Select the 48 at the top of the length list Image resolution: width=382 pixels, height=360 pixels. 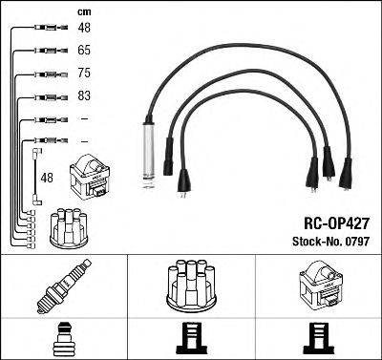click(x=83, y=29)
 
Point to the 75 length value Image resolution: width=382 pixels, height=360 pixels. click(x=83, y=73)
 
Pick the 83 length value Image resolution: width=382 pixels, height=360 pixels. click(x=83, y=96)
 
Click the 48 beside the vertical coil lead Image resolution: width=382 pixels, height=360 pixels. click(x=46, y=178)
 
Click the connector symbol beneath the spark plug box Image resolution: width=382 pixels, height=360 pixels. click(x=63, y=336)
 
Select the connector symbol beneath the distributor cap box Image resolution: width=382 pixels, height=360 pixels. click(x=190, y=336)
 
